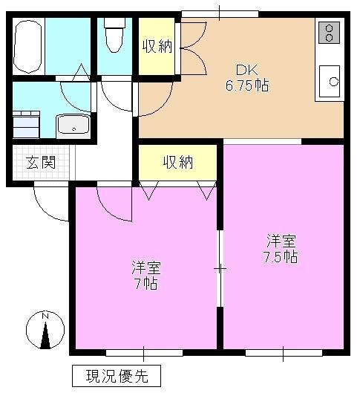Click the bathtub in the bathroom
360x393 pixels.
28,46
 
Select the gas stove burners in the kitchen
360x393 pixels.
327,33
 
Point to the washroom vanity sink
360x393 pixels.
73,126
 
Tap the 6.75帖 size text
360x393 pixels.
248,85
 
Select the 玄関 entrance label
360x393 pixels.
41,163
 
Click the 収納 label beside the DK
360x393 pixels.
157,46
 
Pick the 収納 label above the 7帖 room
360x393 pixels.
178,162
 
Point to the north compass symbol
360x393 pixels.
45,332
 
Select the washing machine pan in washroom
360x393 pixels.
26,125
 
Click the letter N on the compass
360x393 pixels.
45,316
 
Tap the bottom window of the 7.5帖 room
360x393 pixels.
284,351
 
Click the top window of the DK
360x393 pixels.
220,13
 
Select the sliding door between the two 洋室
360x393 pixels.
219,267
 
